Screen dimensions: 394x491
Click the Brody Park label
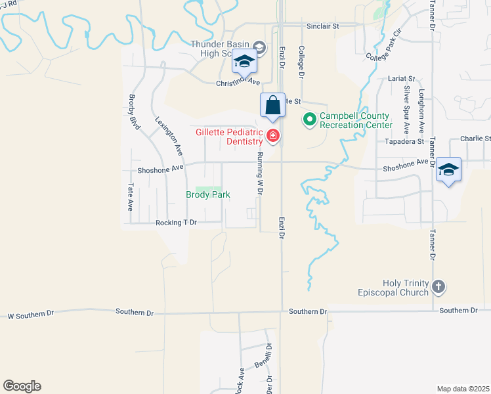click(208, 195)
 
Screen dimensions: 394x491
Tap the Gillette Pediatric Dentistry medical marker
click(273, 136)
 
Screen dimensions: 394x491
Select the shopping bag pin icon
click(272, 106)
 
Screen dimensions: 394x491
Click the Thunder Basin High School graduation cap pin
click(244, 62)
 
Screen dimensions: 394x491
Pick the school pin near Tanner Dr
click(448, 169)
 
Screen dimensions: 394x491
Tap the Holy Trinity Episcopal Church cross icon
click(438, 286)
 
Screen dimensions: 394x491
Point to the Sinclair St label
click(322, 26)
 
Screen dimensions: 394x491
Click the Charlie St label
click(475, 139)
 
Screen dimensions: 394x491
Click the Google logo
click(22, 386)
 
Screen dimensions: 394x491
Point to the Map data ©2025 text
click(463, 389)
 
